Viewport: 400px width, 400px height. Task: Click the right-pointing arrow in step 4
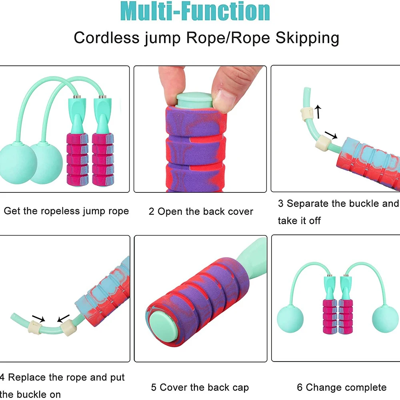pyautogui.click(x=38, y=319)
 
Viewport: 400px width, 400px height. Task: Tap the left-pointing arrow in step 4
pyautogui.click(x=63, y=318)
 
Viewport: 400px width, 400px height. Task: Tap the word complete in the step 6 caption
pyautogui.click(x=365, y=387)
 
